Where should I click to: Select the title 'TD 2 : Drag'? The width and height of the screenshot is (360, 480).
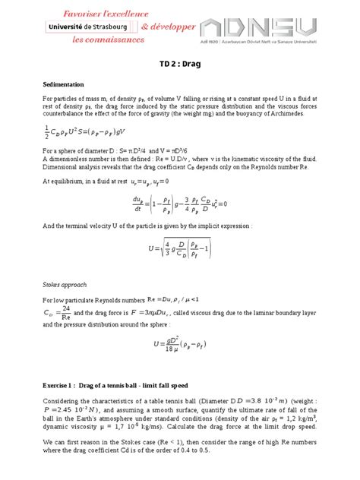(179, 65)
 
